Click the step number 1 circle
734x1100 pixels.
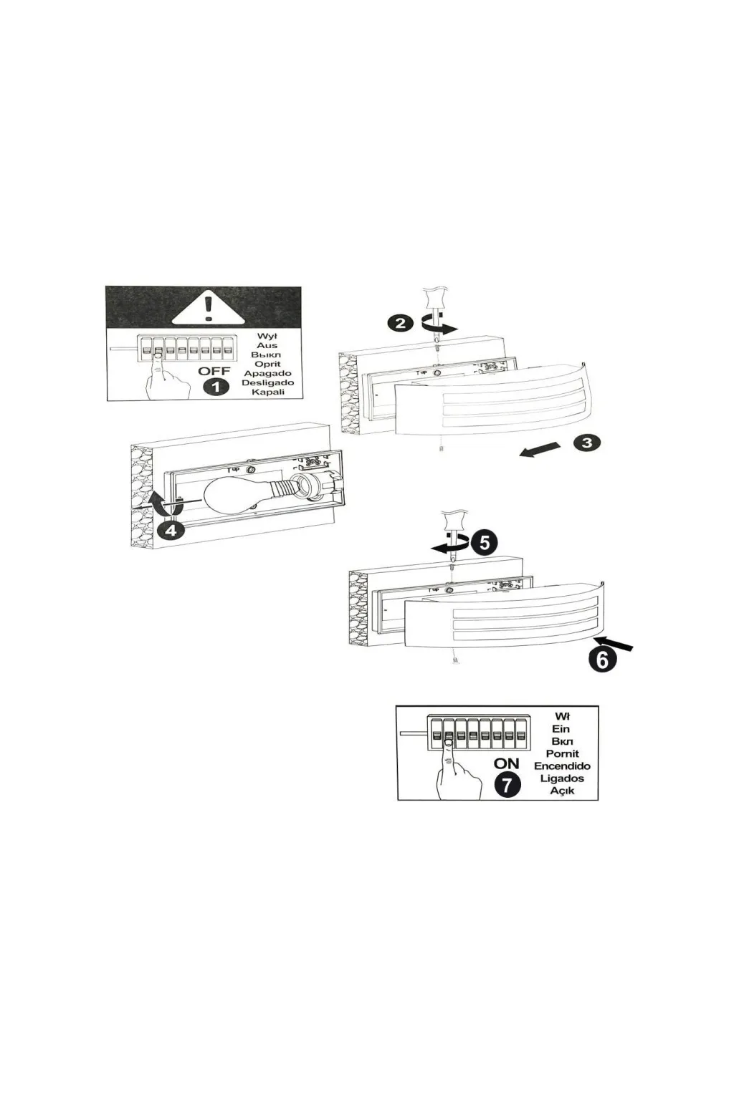[x=216, y=387]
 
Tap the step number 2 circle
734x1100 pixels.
[x=400, y=323]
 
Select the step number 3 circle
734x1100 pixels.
[x=587, y=442]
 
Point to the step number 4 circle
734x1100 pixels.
[x=170, y=530]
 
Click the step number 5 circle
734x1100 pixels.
[x=485, y=542]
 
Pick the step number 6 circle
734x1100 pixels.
[x=602, y=659]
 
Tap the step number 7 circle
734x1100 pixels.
[x=507, y=785]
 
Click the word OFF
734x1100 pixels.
[x=214, y=371]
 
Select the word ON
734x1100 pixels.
[x=506, y=763]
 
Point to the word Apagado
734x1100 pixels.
[x=267, y=373]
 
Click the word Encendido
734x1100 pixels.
[x=562, y=766]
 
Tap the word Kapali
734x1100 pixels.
[x=268, y=392]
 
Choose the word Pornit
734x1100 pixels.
[x=562, y=753]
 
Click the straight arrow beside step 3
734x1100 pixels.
[x=539, y=449]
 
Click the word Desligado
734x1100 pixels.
[x=267, y=382]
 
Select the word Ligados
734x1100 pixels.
[x=562, y=778]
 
